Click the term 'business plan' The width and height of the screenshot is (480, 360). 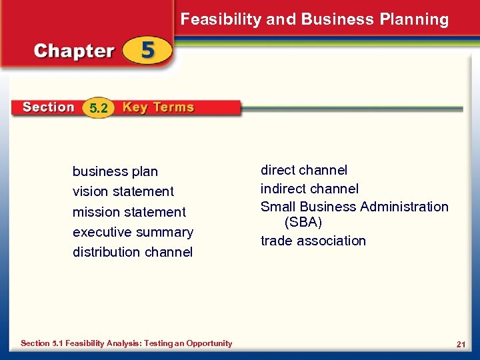coord(115,172)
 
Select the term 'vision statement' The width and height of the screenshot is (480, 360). coord(123,192)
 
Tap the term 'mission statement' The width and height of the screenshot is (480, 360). coord(129,212)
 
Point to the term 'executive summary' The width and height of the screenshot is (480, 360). coord(133,232)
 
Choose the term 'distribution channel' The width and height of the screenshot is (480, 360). coord(133,252)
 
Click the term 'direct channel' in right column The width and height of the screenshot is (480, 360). coord(303,171)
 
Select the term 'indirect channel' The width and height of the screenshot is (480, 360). coord(309,189)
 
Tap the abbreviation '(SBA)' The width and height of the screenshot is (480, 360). coord(303,222)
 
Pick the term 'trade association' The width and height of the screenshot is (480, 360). coord(313,241)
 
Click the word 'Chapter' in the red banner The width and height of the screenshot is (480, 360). coord(74,51)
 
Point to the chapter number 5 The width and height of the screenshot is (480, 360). coord(147,51)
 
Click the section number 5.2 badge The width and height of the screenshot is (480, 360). coord(98,108)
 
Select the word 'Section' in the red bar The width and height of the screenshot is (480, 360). coord(48,107)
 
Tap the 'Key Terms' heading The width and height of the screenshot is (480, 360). coord(158,107)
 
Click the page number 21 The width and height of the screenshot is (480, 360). coord(460,344)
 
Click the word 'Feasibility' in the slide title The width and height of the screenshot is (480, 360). coord(221,19)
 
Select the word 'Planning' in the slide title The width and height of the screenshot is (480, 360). coord(414,19)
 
